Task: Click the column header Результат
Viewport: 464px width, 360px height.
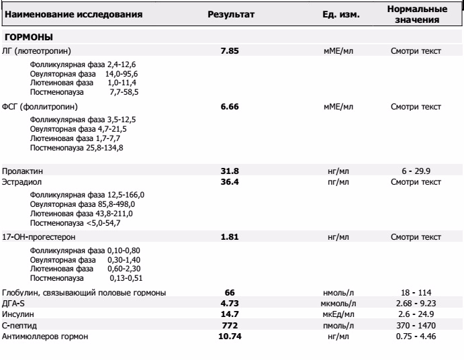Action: pos(231,14)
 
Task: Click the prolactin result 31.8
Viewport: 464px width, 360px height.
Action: pos(230,171)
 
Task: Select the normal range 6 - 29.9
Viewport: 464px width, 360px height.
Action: pos(416,171)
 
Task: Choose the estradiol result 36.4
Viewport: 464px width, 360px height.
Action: pos(230,181)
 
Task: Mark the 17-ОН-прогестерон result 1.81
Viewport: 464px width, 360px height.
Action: pos(230,237)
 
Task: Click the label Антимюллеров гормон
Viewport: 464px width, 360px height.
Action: pos(46,335)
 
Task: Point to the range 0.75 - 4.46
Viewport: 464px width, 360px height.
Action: pos(416,335)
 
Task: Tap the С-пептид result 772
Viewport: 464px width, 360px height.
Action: pos(230,324)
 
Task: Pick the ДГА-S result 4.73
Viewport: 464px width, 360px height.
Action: pos(230,303)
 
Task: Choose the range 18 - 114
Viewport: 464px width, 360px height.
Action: pos(416,292)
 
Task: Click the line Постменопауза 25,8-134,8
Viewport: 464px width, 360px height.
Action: pos(70,147)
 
